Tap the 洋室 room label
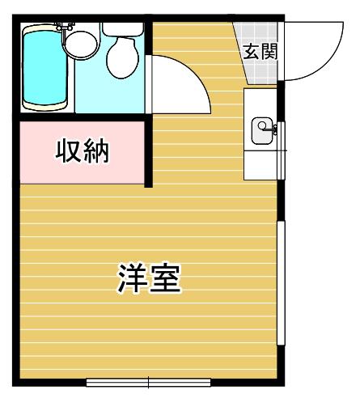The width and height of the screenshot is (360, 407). coord(149,278)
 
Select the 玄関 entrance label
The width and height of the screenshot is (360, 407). coord(260,52)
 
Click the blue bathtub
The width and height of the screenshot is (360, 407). coord(44,67)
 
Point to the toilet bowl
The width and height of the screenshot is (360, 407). coord(123,57)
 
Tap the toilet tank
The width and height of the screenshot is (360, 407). coord(123,29)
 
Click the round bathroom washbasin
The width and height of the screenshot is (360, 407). coord(82,44)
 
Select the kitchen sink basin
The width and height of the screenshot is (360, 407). coord(262,131)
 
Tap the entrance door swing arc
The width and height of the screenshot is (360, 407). coord(329,62)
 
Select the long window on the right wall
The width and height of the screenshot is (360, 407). coord(282,282)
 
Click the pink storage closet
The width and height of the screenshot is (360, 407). coord(83,153)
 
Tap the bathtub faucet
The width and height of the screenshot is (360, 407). coord(64,27)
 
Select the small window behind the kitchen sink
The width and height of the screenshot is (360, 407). coord(282,151)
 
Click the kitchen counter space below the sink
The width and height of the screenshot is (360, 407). coord(260,165)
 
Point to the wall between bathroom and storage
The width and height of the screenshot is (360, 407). coord(83,117)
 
